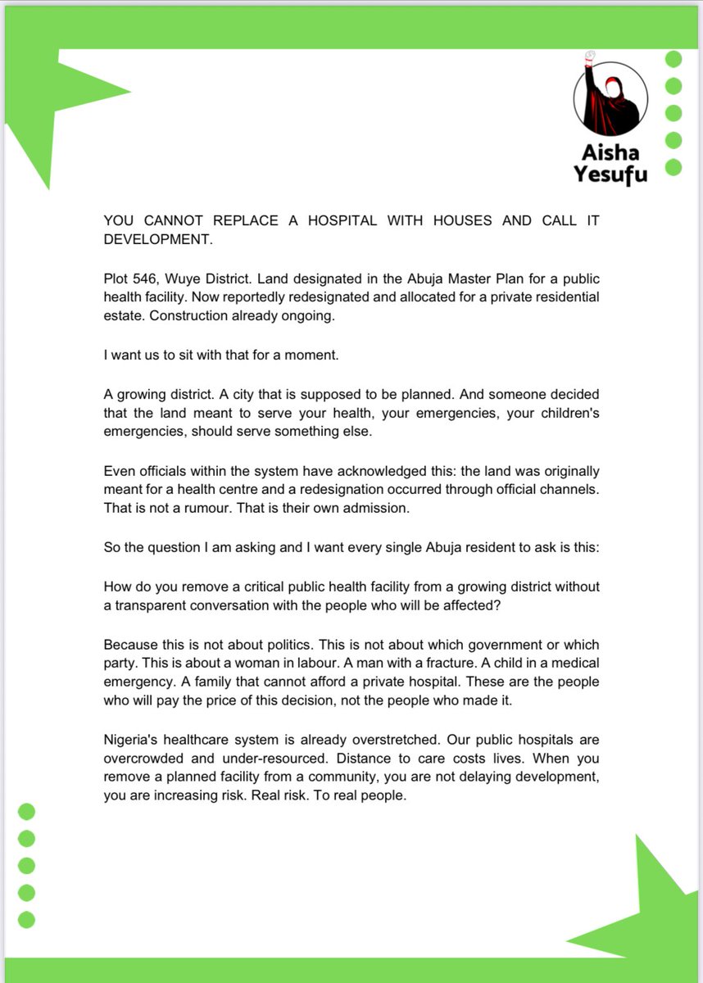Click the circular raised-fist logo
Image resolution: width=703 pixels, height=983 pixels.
point(610,98)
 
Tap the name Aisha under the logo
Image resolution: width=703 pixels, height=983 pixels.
point(610,153)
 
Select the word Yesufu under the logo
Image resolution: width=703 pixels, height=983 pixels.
point(610,175)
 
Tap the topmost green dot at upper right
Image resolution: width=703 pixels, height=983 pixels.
point(674,59)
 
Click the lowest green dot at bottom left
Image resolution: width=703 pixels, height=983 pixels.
point(27,919)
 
